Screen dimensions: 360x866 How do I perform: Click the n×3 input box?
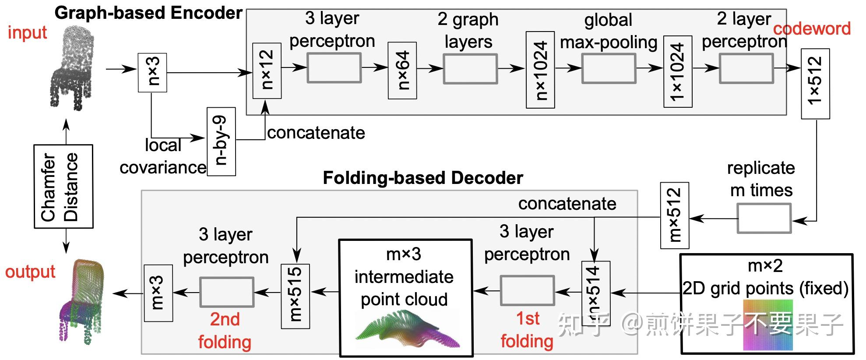(152, 73)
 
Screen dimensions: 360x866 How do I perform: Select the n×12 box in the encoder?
(267, 71)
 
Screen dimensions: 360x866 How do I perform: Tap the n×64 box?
(402, 71)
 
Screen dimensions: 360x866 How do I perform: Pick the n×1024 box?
(540, 70)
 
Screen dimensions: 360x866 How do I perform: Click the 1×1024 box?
(677, 71)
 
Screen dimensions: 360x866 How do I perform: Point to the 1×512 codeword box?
(815, 84)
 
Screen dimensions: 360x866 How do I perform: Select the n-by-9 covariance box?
(221, 141)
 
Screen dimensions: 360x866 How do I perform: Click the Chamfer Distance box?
(63, 186)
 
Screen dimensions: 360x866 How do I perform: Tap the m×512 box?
(674, 215)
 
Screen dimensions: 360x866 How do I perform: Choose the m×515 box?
(295, 296)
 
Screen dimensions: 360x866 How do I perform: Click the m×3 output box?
(158, 293)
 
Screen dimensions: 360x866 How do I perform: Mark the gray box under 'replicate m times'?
(764, 219)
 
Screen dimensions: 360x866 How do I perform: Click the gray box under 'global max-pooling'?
(609, 68)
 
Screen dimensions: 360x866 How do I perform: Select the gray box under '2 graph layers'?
(470, 69)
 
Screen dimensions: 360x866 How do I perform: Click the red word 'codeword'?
(812, 29)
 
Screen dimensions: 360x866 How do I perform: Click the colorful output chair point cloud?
(81, 300)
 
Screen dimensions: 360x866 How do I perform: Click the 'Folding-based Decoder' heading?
(423, 178)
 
